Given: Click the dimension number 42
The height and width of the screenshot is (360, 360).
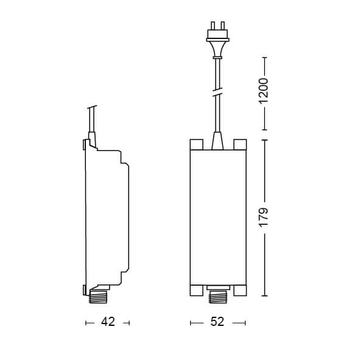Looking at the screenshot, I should (x=107, y=322).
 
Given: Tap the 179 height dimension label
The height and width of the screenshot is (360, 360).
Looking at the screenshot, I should (x=263, y=217).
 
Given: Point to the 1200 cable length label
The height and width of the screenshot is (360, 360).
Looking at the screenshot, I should (x=263, y=92).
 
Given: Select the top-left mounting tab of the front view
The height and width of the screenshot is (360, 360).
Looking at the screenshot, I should (x=195, y=144).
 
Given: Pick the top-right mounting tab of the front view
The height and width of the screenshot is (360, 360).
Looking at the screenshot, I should (x=239, y=144).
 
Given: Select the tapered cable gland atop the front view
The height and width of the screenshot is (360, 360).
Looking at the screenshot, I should (x=217, y=141).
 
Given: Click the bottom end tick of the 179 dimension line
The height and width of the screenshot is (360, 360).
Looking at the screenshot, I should (x=263, y=295).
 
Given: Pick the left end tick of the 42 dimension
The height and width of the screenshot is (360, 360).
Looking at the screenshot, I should (x=86, y=322).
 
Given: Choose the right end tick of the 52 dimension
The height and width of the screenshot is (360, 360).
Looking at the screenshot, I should (x=245, y=322).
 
